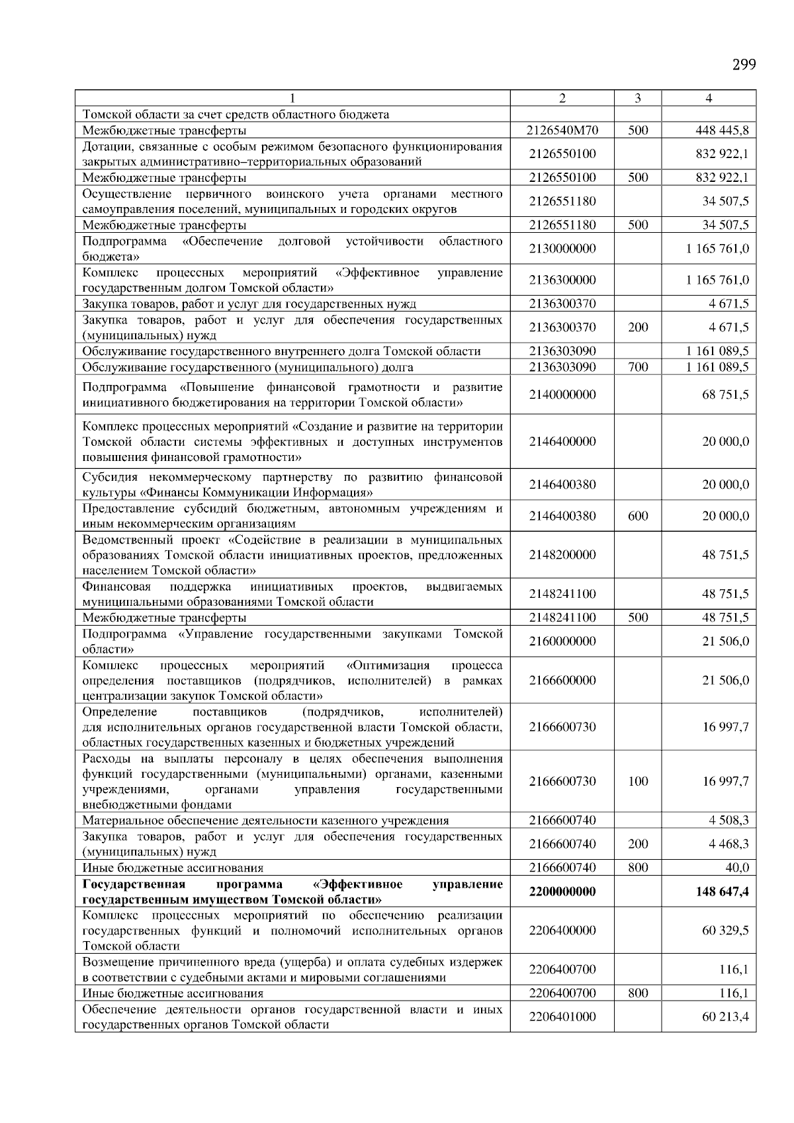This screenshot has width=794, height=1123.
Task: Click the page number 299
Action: pos(744,65)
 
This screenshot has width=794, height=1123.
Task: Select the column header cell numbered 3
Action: pos(637,99)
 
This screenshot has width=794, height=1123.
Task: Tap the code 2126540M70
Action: pos(562,130)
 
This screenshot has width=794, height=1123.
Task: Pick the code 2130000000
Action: pos(562,249)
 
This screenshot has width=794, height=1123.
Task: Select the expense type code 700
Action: pos(637,367)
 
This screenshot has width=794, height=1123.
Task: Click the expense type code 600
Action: pos(637,516)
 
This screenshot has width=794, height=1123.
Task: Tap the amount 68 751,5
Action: pos(725,395)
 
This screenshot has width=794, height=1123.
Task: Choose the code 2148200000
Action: pos(562,555)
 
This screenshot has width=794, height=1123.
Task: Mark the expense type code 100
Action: pos(637,781)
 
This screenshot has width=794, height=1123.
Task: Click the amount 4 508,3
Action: pos(728,821)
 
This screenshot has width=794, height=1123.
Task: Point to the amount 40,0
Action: pos(737,868)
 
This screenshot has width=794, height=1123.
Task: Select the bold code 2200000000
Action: pos(562,892)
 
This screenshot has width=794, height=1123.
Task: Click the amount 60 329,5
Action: pos(725,931)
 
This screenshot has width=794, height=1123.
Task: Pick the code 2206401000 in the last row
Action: pos(562,1017)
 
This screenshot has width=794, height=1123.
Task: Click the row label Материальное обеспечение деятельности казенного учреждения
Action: pos(265,821)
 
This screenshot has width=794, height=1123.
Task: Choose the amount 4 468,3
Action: pos(728,844)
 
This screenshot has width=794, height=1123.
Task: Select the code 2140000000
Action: pos(562,395)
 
